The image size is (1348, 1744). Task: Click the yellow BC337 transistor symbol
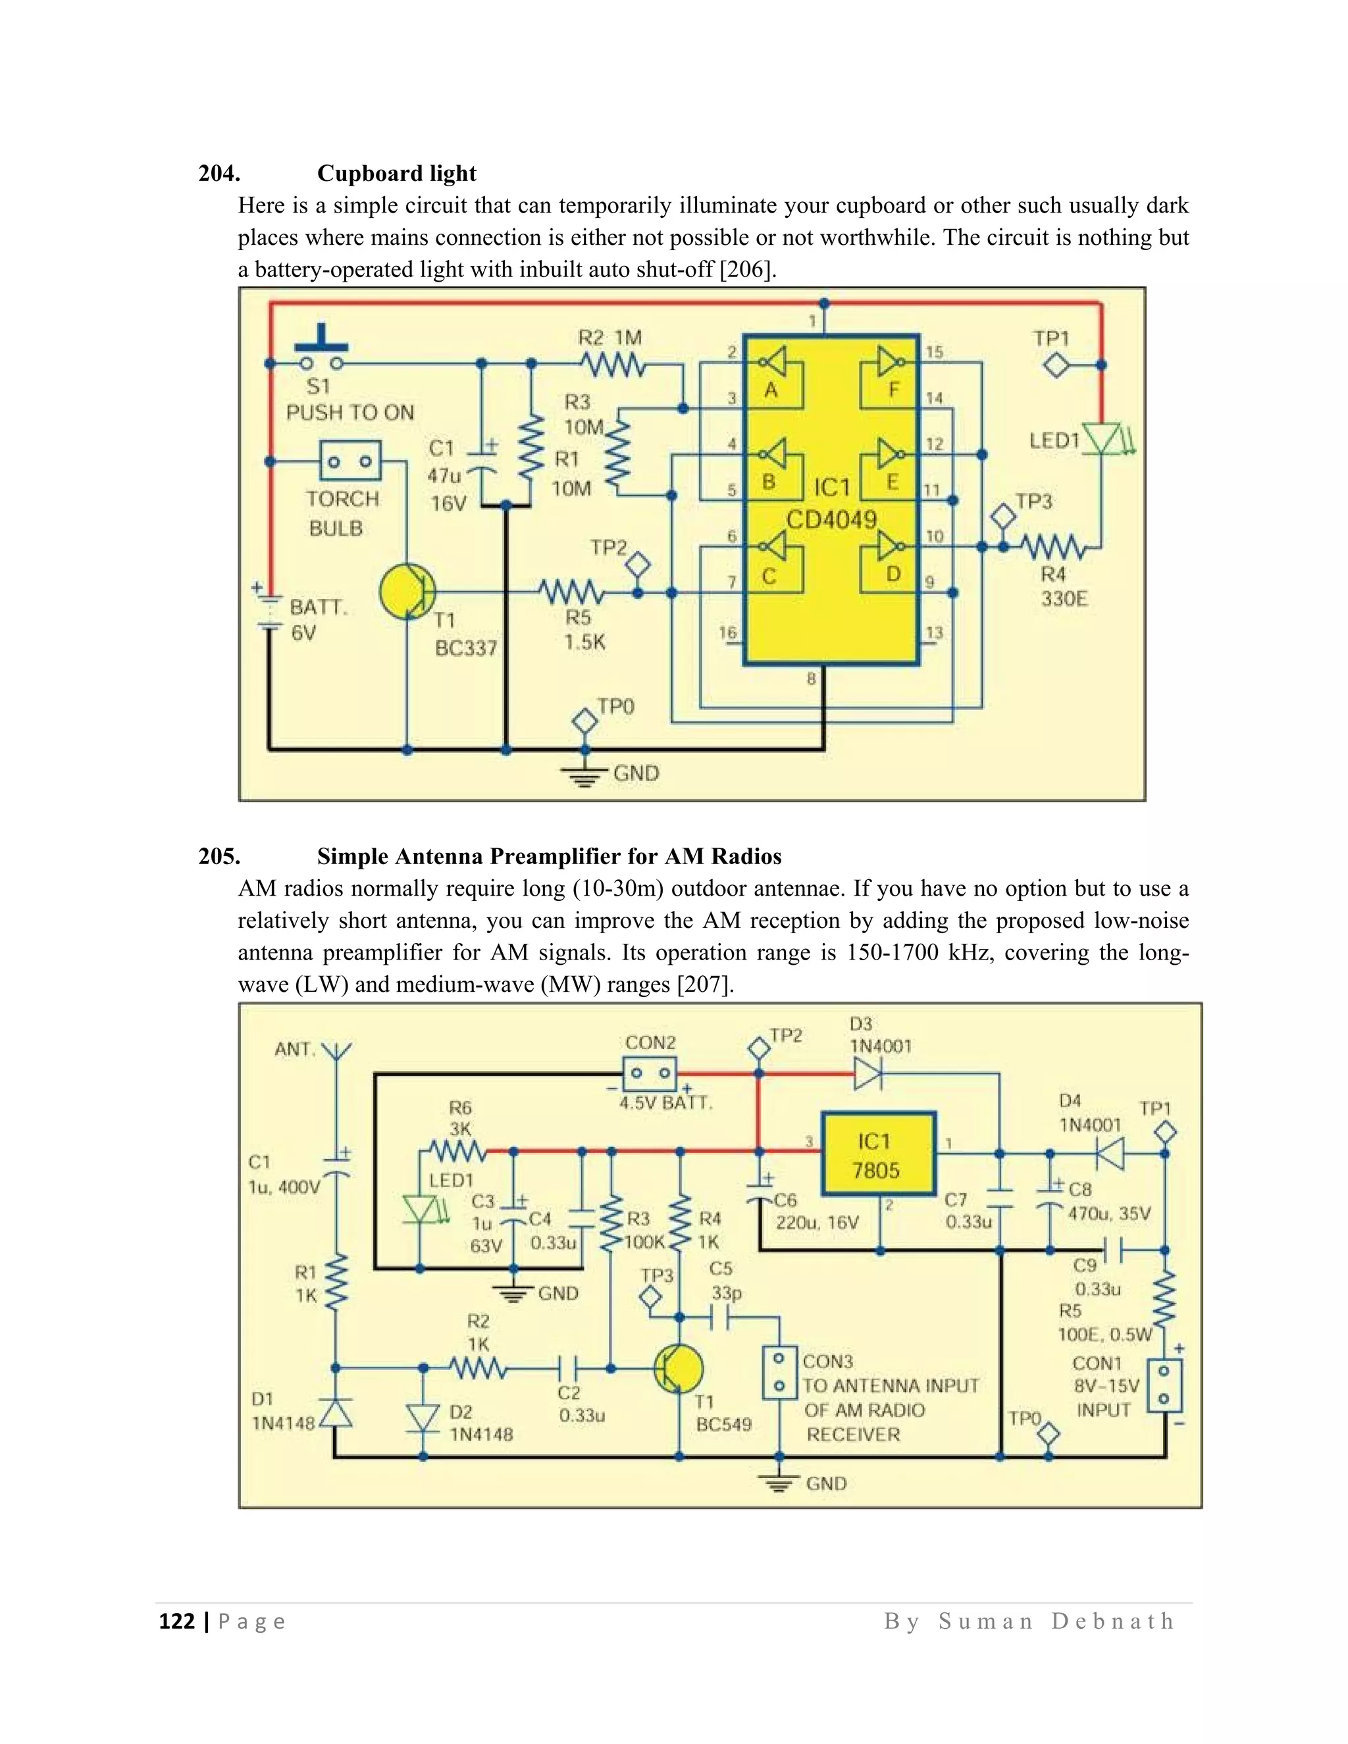(407, 592)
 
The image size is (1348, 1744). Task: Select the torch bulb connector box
(350, 461)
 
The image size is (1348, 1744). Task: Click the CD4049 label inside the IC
(831, 520)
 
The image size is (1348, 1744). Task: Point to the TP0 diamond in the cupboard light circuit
(585, 721)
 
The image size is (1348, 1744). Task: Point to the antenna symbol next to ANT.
(336, 1052)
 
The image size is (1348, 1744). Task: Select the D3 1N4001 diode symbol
(868, 1073)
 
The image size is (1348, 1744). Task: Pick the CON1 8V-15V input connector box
(1164, 1385)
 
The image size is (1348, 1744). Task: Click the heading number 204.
(219, 173)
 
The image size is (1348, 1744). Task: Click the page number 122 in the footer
(177, 1621)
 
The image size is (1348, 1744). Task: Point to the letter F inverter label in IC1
(894, 390)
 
